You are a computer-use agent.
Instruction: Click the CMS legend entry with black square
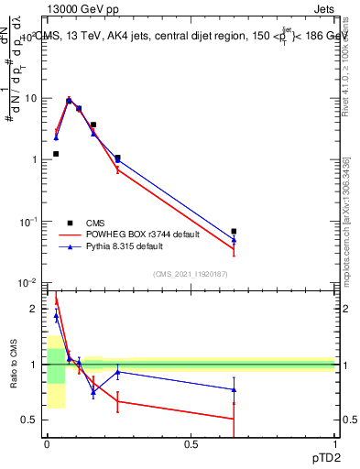tap(94, 223)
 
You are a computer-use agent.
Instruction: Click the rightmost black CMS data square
tap(234, 232)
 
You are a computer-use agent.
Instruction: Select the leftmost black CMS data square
tap(56, 154)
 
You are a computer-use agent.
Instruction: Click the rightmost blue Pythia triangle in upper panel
tap(234, 240)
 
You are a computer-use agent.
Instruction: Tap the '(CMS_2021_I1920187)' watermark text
tap(191, 274)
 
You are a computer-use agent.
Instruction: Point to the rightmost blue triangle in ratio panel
tap(234, 389)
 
